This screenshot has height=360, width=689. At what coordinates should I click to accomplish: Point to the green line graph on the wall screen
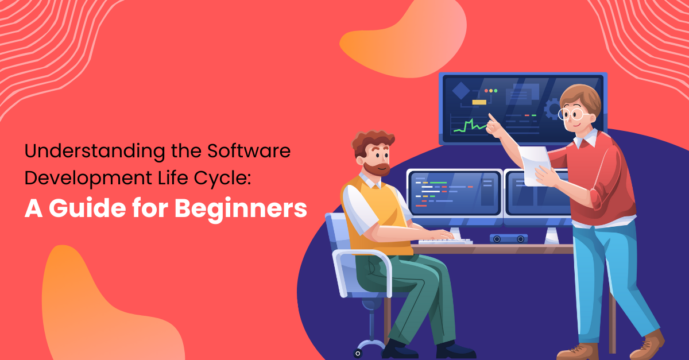tap(469, 126)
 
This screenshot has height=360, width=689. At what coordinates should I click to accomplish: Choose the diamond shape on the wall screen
tap(460, 91)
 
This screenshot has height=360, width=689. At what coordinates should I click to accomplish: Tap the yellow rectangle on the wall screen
tap(479, 102)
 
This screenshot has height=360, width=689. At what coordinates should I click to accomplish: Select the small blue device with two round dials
tap(508, 238)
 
